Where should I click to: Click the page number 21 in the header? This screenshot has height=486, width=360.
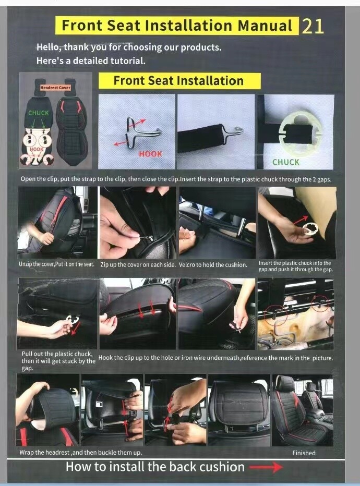[x=313, y=26]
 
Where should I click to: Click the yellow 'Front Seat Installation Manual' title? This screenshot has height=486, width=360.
[x=176, y=26]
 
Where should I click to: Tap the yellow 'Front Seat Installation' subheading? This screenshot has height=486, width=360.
[x=178, y=81]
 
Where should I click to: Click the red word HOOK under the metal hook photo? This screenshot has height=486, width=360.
[x=150, y=154]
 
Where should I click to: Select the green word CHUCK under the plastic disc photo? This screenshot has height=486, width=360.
[x=285, y=162]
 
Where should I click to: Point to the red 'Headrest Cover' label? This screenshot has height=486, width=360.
[x=56, y=88]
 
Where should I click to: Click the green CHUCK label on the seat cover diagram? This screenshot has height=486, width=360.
[x=38, y=113]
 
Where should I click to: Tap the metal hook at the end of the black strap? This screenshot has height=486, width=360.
[x=233, y=131]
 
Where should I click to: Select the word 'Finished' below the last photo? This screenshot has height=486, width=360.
[x=304, y=453]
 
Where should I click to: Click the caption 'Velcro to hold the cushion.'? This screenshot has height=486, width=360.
[x=213, y=265]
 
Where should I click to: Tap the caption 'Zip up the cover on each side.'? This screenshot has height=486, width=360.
[x=138, y=265]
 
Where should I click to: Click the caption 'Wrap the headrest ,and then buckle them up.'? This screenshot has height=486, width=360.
[x=80, y=453]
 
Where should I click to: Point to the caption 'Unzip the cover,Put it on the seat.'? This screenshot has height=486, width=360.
[x=56, y=264]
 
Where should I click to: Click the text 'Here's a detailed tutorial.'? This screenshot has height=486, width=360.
[x=91, y=60]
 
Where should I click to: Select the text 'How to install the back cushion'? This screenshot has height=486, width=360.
[x=154, y=467]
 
